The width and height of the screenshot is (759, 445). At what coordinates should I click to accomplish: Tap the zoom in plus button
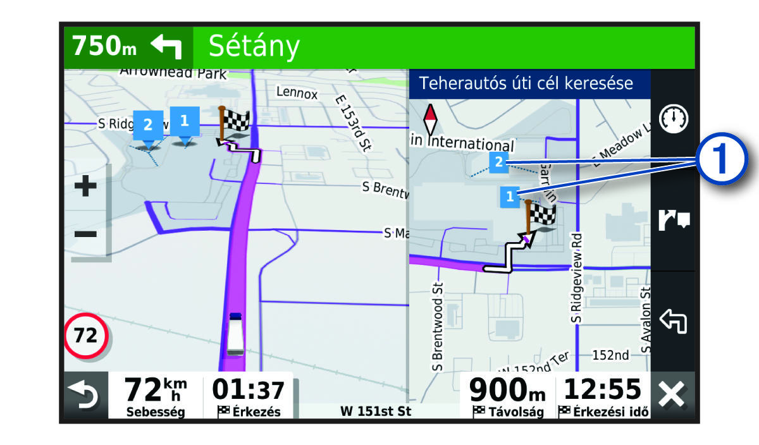pyautogui.click(x=85, y=187)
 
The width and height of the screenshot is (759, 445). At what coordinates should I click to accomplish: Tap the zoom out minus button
pyautogui.click(x=85, y=235)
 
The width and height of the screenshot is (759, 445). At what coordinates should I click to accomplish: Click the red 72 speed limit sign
pyautogui.click(x=86, y=336)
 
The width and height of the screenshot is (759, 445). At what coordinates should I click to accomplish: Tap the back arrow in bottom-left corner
pyautogui.click(x=84, y=396)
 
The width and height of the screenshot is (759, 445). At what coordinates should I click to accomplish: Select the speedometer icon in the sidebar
pyautogui.click(x=673, y=119)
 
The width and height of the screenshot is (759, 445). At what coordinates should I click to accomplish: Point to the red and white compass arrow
pyautogui.click(x=430, y=118)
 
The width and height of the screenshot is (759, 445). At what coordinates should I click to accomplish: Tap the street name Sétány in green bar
pyautogui.click(x=254, y=46)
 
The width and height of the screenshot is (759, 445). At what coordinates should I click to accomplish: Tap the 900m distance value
pyautogui.click(x=507, y=389)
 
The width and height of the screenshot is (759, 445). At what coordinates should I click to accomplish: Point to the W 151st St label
pyautogui.click(x=376, y=411)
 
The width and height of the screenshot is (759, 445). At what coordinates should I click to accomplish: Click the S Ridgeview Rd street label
pyautogui.click(x=576, y=278)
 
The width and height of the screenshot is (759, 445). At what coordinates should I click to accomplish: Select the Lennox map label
pyautogui.click(x=297, y=93)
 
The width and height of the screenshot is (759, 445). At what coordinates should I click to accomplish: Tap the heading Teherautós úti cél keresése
pyautogui.click(x=526, y=83)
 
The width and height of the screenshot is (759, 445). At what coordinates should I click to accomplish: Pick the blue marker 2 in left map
pyautogui.click(x=148, y=124)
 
